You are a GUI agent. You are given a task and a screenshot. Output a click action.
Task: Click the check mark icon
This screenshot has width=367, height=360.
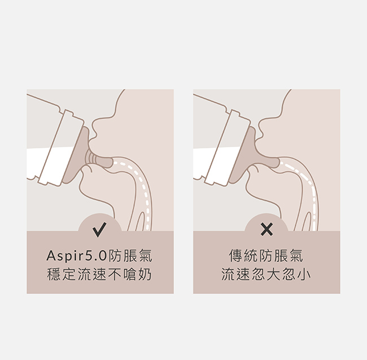99,229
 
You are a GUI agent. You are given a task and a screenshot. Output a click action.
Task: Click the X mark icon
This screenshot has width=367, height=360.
266,229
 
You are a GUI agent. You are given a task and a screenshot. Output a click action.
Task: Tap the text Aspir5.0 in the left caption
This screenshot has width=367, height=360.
77,256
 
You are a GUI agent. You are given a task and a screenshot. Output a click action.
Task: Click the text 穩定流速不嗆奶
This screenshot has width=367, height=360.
99,274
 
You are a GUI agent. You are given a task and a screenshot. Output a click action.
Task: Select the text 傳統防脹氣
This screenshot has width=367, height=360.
266,256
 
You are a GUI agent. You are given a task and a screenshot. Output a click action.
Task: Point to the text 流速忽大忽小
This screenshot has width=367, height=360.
266,274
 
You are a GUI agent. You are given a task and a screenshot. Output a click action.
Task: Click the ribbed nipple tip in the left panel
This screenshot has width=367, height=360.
99,160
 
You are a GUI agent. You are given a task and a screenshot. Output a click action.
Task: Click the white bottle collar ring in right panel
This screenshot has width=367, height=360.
228,148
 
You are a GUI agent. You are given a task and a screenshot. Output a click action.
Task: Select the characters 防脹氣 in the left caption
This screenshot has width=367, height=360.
130,256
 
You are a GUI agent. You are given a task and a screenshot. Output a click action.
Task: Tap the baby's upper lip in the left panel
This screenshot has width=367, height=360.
93,143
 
